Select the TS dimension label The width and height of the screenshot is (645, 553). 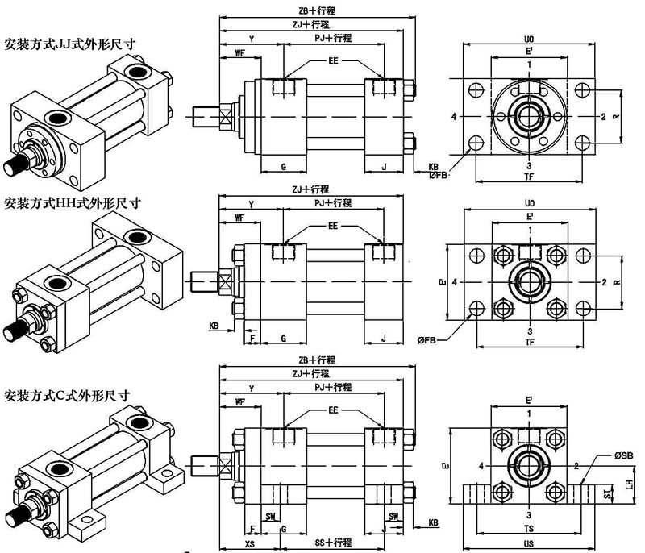[x=529, y=527]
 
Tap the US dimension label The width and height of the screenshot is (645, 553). [x=529, y=544]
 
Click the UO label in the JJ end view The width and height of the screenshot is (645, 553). [x=530, y=38]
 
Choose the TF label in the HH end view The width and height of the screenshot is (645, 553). [x=530, y=343]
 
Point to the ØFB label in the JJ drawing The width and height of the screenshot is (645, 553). [x=439, y=173]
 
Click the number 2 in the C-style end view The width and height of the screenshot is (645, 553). [x=576, y=465]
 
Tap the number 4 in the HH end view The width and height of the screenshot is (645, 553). [x=456, y=283]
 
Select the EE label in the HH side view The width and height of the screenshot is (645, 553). [x=332, y=227]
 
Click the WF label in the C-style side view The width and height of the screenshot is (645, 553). [x=239, y=402]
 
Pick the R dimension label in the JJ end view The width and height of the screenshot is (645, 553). [x=615, y=117]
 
